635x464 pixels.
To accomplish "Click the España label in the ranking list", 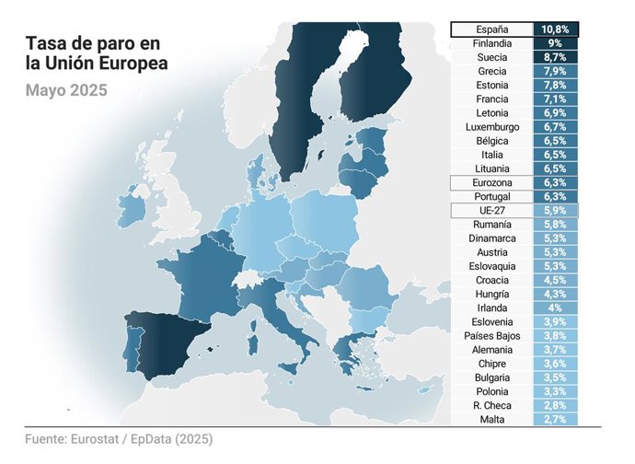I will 491,29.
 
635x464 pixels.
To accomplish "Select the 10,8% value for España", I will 555,29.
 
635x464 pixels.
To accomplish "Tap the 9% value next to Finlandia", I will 555,43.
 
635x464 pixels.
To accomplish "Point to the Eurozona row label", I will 491,183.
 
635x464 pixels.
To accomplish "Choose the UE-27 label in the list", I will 491,211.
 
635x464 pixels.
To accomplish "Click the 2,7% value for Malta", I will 555,420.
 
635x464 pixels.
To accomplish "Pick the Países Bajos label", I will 491,336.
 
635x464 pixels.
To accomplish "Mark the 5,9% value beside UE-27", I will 555,211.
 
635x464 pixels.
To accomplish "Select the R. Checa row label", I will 491,406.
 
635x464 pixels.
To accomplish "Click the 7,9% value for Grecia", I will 555,71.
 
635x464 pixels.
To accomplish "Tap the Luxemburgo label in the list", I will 491,127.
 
